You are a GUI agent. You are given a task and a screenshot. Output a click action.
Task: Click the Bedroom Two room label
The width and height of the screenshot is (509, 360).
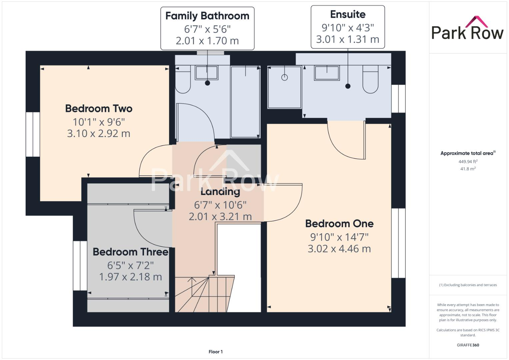[99, 109]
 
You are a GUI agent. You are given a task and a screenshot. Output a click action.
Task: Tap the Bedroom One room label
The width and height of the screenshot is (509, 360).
[339, 224]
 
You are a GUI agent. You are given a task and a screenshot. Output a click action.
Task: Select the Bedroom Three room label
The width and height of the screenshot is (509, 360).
[130, 252]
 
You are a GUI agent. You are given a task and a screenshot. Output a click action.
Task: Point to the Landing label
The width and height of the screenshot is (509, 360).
[220, 192]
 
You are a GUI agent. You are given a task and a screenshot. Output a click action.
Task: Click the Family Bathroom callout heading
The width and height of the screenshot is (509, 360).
[207, 16]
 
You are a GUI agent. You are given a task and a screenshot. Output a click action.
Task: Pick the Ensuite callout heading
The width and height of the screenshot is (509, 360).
[348, 14]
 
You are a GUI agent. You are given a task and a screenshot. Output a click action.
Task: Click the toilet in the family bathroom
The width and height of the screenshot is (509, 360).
[183, 80]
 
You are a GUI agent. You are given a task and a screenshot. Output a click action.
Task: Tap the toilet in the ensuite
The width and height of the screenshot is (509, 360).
[370, 80]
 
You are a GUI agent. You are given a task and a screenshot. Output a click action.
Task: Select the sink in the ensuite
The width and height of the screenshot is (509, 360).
[327, 73]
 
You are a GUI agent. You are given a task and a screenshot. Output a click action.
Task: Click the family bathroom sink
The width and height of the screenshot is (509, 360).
[207, 73]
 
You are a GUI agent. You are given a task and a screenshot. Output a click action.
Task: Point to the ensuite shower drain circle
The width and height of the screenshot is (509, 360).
[284, 77]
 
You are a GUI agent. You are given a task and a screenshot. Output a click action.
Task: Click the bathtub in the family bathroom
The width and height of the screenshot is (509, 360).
[245, 102]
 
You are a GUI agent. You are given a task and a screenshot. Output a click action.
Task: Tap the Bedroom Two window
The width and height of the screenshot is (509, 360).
[33, 134]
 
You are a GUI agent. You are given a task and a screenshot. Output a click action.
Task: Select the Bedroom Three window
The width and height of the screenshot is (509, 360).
[80, 266]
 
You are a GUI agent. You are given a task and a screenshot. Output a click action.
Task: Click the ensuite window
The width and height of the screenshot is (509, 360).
[398, 99]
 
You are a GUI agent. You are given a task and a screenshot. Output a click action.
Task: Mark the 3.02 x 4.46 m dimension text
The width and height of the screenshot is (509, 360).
[339, 249]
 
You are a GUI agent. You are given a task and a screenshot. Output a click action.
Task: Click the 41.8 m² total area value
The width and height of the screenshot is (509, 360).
[468, 169]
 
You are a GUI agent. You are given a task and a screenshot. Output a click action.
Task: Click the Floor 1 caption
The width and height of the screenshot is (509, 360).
[216, 352]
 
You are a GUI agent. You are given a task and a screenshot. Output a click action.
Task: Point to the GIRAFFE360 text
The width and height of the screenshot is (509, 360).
[468, 345]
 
